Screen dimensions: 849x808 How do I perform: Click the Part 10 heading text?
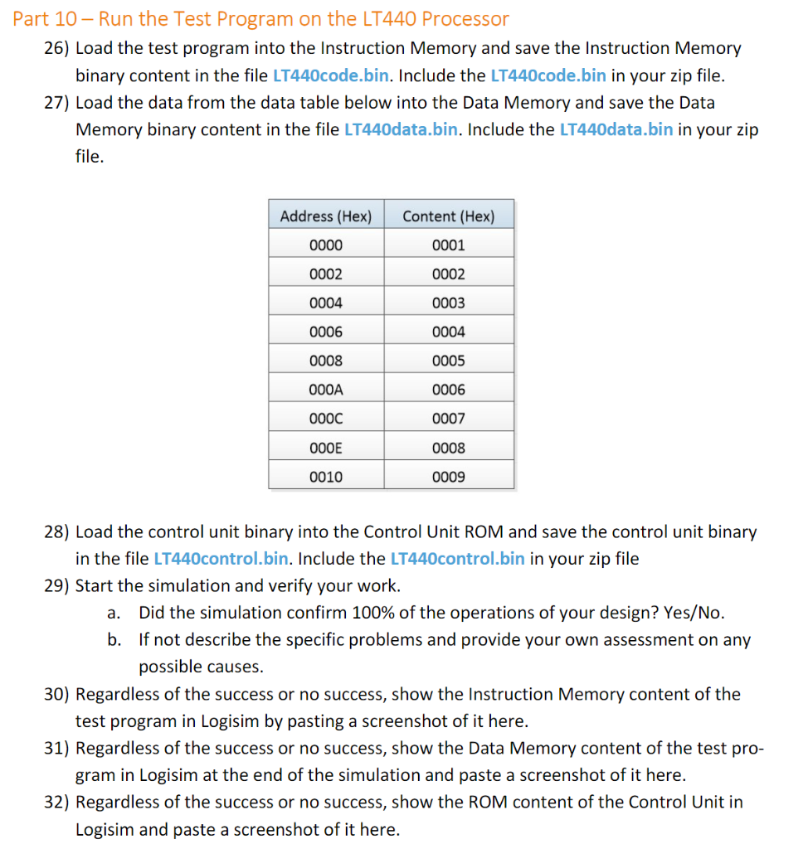(x=260, y=18)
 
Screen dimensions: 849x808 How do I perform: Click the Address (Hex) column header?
(x=325, y=216)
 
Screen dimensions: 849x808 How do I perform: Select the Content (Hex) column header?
(x=448, y=216)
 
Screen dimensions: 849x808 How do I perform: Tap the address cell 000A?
(x=325, y=390)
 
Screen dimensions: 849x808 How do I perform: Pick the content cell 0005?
(x=448, y=361)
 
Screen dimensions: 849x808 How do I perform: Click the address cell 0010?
(x=325, y=477)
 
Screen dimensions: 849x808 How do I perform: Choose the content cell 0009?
(x=448, y=477)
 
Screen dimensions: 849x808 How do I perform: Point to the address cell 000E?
(x=325, y=448)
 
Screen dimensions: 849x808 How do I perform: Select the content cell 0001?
(x=448, y=245)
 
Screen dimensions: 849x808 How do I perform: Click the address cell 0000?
(x=325, y=245)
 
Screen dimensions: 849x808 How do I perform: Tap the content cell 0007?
(x=448, y=419)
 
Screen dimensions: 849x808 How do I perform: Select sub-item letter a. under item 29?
(x=115, y=613)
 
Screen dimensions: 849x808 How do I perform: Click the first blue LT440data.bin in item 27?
(x=399, y=129)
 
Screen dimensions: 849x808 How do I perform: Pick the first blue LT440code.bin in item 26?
(x=330, y=75)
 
